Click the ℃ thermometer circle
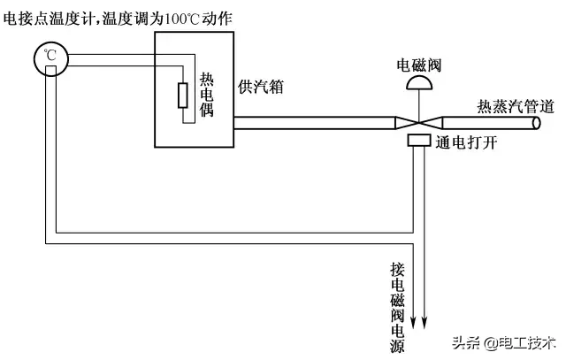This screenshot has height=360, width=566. click(50, 58)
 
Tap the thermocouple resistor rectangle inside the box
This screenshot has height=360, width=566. click(182, 95)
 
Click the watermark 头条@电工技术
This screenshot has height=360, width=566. click(504, 343)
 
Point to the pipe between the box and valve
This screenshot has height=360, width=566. click(310, 123)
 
